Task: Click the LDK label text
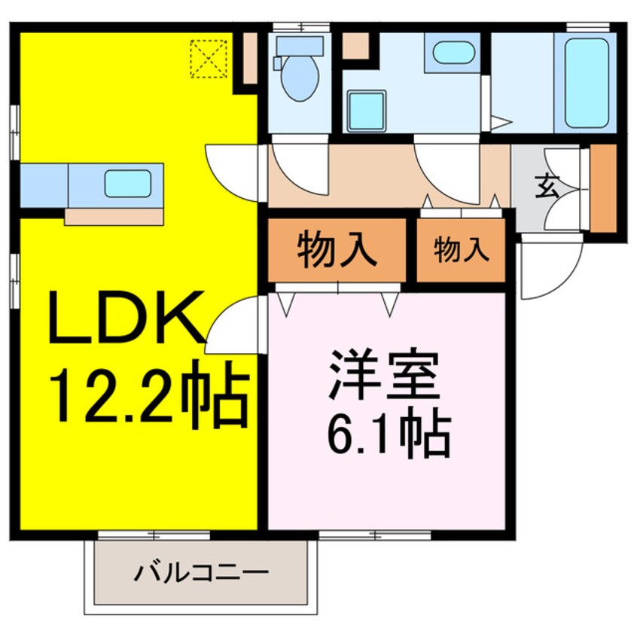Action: point(128,316)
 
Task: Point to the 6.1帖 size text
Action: point(389,433)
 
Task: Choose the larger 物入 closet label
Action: point(336,251)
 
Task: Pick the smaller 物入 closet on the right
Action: point(461,251)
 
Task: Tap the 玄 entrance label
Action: point(547,185)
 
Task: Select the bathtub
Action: point(586,81)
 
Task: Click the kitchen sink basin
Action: point(128,184)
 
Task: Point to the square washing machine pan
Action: point(367,110)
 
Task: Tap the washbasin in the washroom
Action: point(453,53)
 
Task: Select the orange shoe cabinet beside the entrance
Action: point(602,187)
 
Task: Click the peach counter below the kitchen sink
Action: point(114,217)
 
